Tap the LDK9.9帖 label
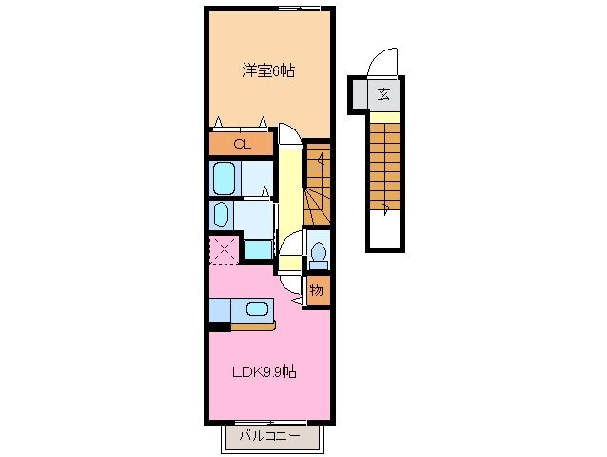click(x=265, y=371)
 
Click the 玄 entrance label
click(x=383, y=94)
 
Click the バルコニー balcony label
click(x=269, y=437)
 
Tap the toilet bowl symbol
click(x=318, y=252)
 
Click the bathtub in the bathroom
click(x=225, y=177)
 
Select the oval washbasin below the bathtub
click(x=221, y=212)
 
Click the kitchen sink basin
click(x=256, y=308)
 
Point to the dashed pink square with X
click(x=224, y=250)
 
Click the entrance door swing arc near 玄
click(x=383, y=62)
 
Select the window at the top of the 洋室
click(x=298, y=9)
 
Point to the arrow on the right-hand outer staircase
click(x=385, y=205)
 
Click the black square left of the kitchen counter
click(x=219, y=327)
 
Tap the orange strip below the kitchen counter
click(x=253, y=327)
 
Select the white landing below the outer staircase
click(x=384, y=231)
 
